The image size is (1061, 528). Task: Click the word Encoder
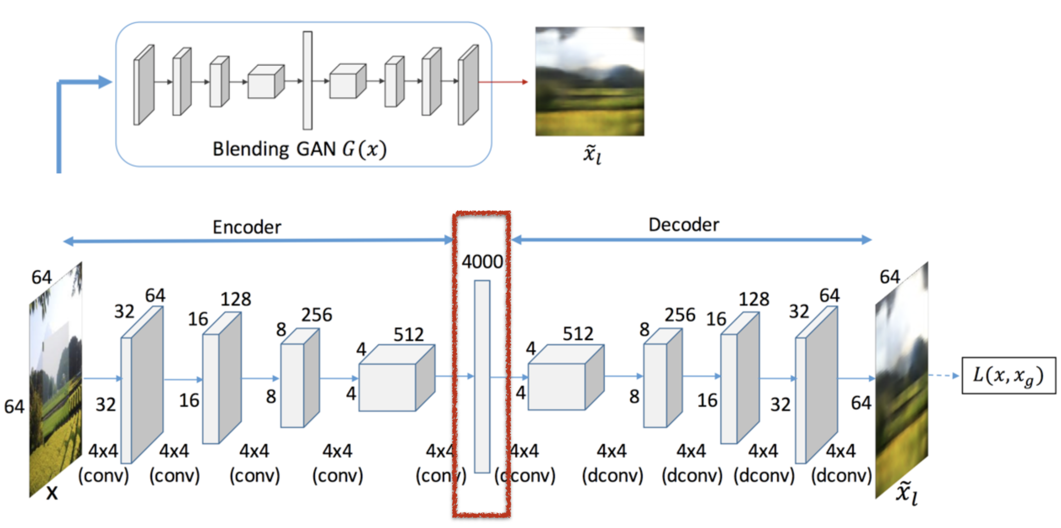pos(246,227)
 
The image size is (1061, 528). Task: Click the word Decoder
pos(683,225)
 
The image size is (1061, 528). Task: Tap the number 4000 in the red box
pos(482,262)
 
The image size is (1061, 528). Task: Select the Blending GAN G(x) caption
pos(299,149)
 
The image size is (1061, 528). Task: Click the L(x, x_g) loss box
pos(1008,376)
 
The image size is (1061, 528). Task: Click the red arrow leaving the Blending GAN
pos(503,82)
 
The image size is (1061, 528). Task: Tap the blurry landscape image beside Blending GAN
pos(589,81)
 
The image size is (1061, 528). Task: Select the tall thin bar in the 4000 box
pos(482,376)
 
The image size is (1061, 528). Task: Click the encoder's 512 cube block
pos(395,379)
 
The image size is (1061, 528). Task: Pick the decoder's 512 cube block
pos(564,379)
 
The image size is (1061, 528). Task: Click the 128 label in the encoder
pos(236,299)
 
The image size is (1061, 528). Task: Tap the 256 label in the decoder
pos(680,315)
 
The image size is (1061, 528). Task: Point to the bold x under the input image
pos(52,493)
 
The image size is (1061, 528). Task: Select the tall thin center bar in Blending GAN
pos(307,80)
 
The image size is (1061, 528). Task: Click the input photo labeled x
pos(55,381)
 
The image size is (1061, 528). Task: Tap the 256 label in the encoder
pos(316,315)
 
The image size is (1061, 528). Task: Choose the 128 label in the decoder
pos(754,299)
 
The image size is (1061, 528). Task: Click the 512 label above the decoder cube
pos(578,334)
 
